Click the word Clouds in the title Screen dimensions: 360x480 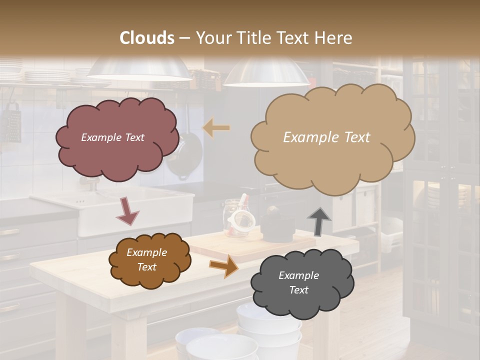[147, 38]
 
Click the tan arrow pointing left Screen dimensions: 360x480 [216, 128]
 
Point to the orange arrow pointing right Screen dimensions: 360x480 [224, 266]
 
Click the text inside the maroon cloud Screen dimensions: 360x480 [112, 137]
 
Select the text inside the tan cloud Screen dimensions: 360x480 [326, 137]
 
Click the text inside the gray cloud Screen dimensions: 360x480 [298, 282]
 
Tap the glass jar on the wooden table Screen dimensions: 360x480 [235, 218]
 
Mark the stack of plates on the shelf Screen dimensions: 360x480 [47, 76]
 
